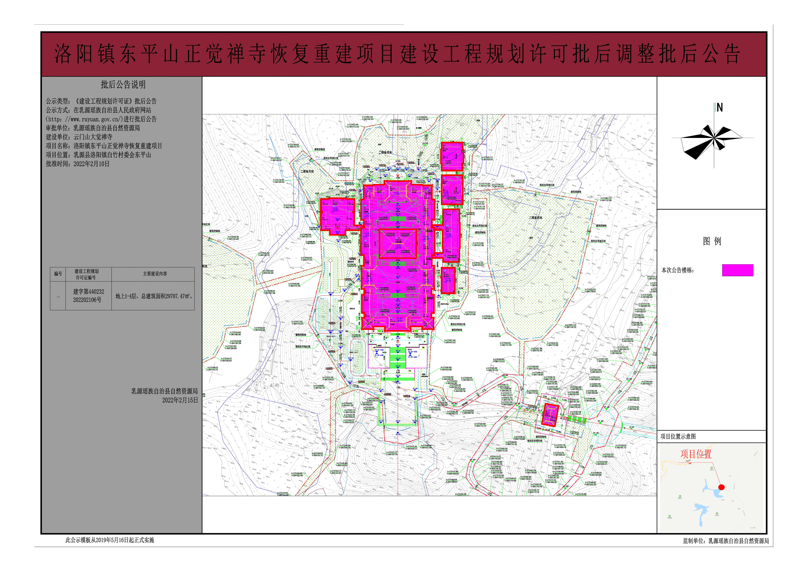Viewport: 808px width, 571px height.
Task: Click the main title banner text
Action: click(397, 55)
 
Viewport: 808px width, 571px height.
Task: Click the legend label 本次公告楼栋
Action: click(677, 270)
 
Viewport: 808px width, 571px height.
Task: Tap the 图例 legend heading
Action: click(712, 241)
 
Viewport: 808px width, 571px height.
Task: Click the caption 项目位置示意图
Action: click(678, 436)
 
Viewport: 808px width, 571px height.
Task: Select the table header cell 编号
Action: click(58, 274)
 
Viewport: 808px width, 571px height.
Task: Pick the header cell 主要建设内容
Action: click(155, 274)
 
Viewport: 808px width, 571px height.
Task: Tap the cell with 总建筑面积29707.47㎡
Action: click(154, 296)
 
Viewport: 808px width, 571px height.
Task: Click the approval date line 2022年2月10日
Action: click(78, 164)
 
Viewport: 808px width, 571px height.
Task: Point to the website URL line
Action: click(101, 119)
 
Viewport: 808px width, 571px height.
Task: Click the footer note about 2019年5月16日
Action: click(110, 540)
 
